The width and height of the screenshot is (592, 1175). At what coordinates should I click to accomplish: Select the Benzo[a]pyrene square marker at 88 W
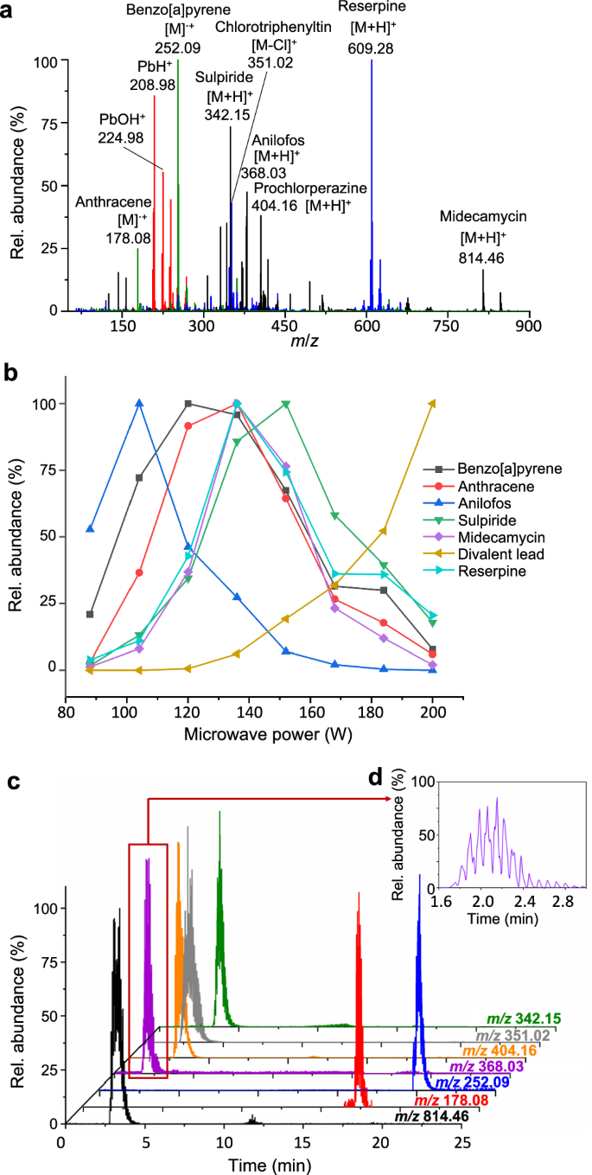(91, 615)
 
